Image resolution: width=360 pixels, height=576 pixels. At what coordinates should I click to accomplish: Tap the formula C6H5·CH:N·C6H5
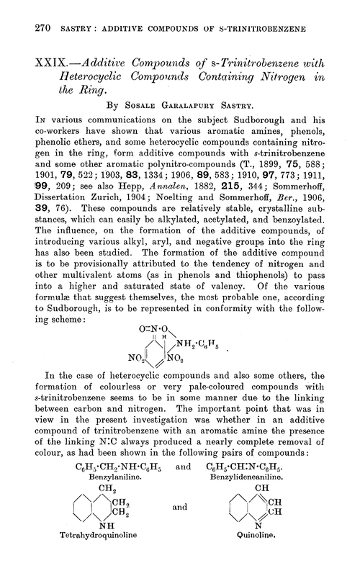pos(270,469)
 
